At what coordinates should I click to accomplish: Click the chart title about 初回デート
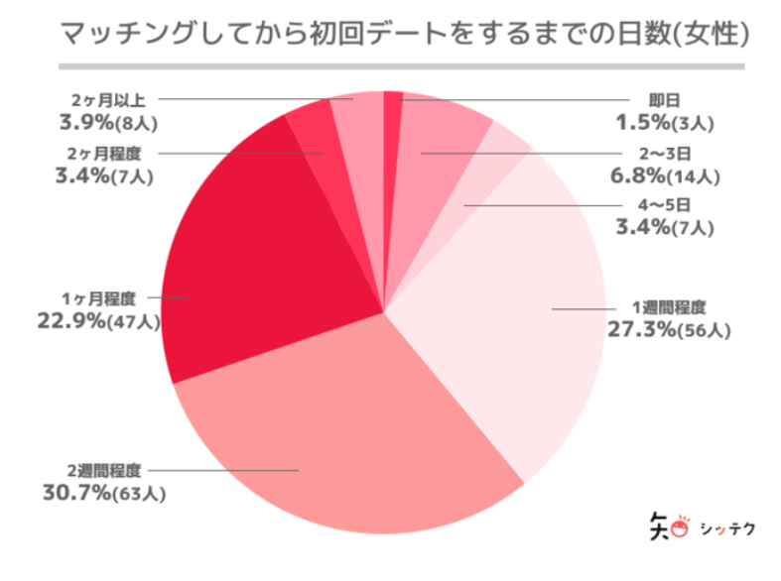pyautogui.click(x=390, y=34)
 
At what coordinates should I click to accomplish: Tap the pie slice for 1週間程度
pyautogui.click(x=516, y=317)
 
